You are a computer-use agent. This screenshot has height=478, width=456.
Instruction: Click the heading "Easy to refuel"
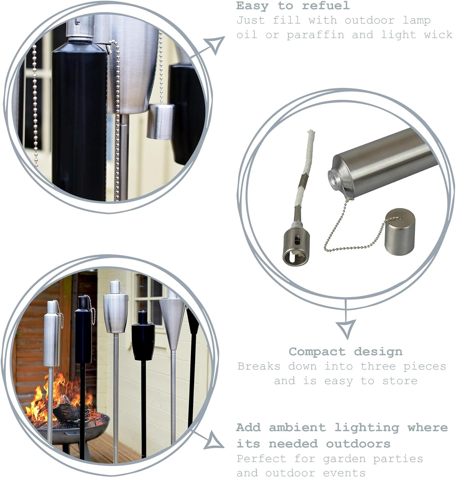tap(293, 6)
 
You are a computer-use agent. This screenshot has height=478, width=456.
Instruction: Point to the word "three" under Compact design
tap(378, 366)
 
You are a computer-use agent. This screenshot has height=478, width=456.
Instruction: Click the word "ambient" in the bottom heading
tap(297, 427)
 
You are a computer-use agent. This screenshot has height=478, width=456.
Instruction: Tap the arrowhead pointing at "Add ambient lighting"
tap(213, 440)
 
